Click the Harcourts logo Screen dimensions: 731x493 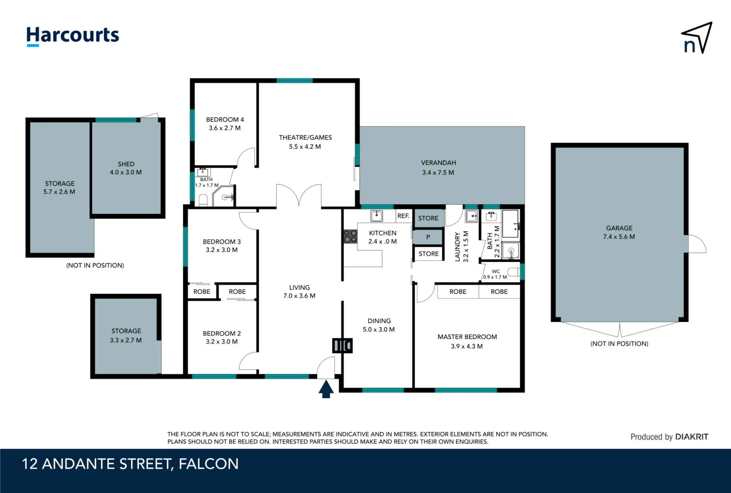(73, 36)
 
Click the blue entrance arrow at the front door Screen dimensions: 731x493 (326, 389)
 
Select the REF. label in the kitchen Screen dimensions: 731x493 (403, 216)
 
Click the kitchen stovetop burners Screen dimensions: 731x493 (350, 236)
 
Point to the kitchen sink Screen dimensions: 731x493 (376, 216)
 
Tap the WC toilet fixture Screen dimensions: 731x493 (514, 272)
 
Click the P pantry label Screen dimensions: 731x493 (428, 237)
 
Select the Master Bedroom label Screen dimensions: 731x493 (467, 337)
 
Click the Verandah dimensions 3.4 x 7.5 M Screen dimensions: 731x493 (438, 173)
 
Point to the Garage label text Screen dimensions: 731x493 (619, 228)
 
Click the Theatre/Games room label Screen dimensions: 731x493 (305, 138)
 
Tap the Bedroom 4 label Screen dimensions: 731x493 (225, 120)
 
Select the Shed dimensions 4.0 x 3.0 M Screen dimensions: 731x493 (126, 172)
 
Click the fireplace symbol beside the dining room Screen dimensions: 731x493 (342, 345)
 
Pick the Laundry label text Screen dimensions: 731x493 (457, 246)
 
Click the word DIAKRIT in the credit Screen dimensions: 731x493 (692, 437)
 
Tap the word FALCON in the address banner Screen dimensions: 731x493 (208, 464)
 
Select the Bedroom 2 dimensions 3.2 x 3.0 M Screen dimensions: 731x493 (221, 342)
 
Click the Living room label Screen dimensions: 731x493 (299, 287)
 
